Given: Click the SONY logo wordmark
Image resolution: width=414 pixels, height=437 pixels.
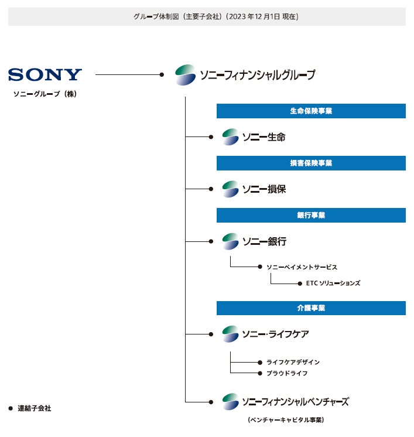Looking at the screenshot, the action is [45, 74].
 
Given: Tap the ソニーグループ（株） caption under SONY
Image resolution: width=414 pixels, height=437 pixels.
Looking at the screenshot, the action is [45, 94].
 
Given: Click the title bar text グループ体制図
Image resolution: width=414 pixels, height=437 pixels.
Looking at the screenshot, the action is [207, 16].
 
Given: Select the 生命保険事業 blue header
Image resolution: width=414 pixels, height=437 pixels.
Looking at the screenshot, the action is [311, 111].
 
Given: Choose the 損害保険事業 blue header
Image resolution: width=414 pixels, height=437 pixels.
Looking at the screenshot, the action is [311, 163].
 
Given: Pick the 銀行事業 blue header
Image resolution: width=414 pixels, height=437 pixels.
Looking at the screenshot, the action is [311, 215].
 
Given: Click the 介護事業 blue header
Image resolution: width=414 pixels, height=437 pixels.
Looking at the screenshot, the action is [311, 308].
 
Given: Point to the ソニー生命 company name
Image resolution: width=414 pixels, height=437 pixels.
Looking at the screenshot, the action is [264, 137].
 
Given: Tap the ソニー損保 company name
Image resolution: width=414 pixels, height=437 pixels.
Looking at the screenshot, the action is [264, 189].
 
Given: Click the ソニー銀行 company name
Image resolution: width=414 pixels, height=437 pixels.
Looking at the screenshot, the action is [264, 241].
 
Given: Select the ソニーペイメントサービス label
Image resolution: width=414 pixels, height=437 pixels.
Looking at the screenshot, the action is [302, 267].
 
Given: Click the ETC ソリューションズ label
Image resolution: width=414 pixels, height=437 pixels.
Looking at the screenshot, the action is [333, 283].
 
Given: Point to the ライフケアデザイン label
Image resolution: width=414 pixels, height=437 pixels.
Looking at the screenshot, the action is [293, 362].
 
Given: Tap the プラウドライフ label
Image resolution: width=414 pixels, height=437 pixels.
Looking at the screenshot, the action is [287, 373].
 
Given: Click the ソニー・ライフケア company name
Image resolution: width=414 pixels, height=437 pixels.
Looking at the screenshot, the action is [275, 334].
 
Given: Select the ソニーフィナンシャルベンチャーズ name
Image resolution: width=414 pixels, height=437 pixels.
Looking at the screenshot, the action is [295, 402].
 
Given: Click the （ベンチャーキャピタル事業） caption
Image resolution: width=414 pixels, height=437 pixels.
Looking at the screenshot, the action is [286, 420].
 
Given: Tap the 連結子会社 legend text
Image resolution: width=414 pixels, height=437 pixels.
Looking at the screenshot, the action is [34, 408].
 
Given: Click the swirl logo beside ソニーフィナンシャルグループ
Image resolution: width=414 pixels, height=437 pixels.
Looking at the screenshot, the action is [186, 75].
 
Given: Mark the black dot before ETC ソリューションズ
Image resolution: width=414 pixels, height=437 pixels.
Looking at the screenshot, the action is [300, 283].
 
